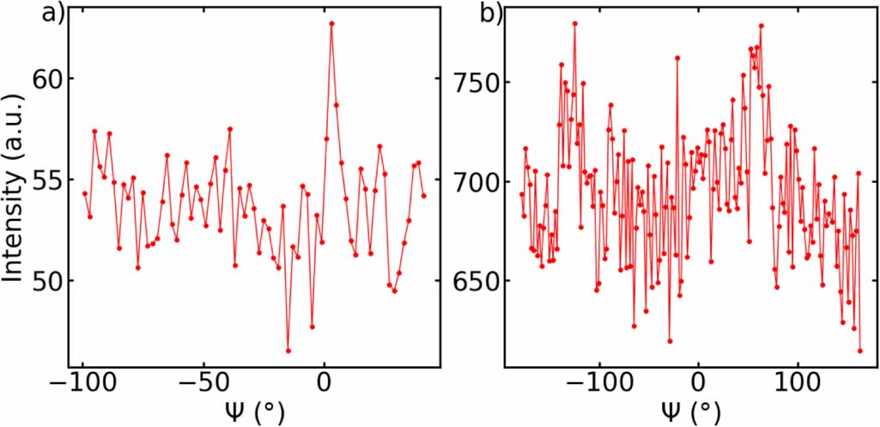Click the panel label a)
point(52,15)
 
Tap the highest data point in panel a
point(331,23)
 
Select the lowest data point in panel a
point(288,351)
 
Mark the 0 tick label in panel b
point(699,384)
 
